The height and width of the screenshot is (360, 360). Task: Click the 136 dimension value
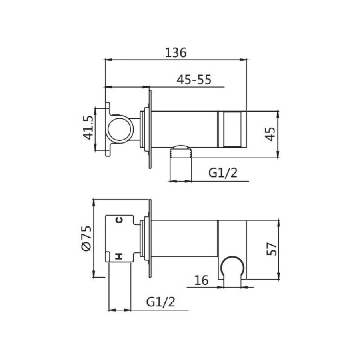pos(176,52)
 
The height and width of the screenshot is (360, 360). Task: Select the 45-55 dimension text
pos(194,80)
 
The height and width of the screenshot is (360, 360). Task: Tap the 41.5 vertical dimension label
pos(88,128)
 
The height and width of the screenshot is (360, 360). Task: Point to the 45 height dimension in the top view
pos(270,134)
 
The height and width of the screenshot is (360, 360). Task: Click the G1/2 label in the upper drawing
pos(223,173)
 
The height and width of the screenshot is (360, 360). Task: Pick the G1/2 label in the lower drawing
pos(160,302)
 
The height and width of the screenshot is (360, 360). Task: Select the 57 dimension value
pos(272,249)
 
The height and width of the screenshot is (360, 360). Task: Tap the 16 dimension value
pos(201,280)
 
